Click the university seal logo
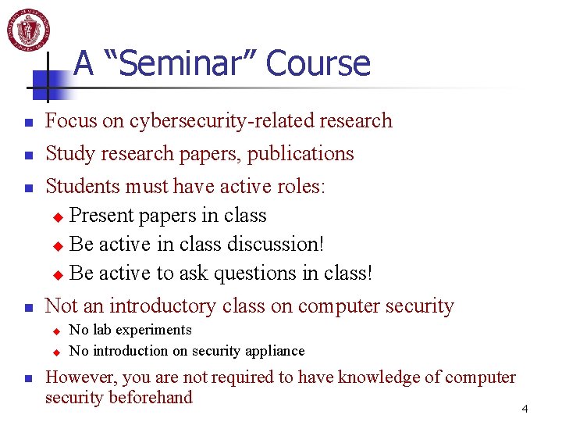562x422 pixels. [x=29, y=30]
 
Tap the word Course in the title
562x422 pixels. [x=318, y=63]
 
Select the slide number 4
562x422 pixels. [x=525, y=409]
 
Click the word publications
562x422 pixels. [x=301, y=154]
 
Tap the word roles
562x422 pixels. [x=299, y=187]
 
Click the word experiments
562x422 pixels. [x=153, y=330]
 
